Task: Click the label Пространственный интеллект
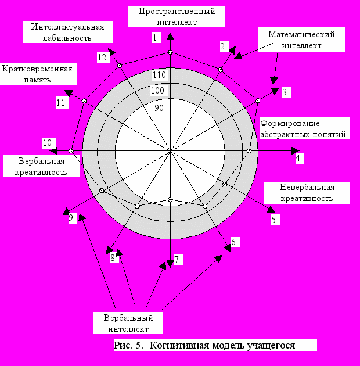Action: [x=172, y=17]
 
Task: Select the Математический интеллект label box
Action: [x=301, y=40]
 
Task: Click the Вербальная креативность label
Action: [x=41, y=166]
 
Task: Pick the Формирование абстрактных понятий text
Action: [x=303, y=129]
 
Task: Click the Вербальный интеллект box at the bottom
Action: [x=128, y=324]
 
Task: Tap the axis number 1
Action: [x=155, y=38]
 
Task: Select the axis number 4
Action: [x=298, y=157]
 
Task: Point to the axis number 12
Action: [x=102, y=57]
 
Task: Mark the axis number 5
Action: [x=274, y=219]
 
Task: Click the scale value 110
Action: [x=160, y=75]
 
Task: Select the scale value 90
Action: [x=160, y=107]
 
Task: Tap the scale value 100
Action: [x=158, y=91]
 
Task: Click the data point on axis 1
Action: [x=170, y=53]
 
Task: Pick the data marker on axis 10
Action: [x=71, y=151]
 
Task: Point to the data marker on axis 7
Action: [x=170, y=200]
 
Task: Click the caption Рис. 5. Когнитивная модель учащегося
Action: [x=205, y=345]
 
